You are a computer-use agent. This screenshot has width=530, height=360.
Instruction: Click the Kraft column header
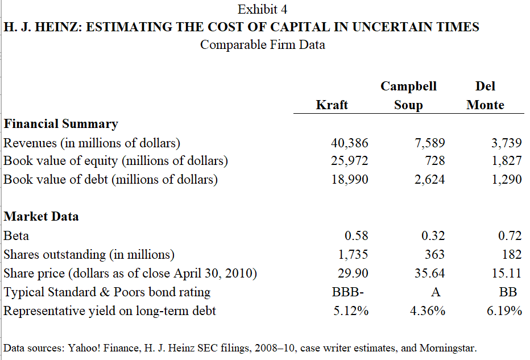pos(332,105)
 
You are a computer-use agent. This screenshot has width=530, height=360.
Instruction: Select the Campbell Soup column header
pos(408,96)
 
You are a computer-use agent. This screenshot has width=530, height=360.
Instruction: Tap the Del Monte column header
pos(485,96)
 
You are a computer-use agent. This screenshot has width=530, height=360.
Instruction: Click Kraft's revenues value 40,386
pos(349,142)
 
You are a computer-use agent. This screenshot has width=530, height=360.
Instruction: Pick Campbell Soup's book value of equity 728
pos(434,161)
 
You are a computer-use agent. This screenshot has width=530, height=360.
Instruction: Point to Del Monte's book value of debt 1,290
pos(506,180)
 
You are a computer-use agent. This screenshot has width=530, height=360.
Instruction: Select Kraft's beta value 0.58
pos(357,235)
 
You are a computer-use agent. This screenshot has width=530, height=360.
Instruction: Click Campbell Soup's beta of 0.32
pos(433,235)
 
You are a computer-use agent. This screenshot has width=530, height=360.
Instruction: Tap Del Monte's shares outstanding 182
pos(512,254)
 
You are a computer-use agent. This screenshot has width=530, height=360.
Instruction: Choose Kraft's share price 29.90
pos(353,274)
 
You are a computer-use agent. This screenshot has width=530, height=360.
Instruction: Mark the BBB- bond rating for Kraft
pos(347,292)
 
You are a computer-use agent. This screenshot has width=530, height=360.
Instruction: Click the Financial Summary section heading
pos(61,123)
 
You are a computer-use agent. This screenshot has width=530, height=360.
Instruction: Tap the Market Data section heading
pos(41,216)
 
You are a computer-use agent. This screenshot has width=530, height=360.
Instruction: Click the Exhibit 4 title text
pos(262,10)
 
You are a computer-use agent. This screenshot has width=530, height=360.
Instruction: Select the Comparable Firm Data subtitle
pos(263,45)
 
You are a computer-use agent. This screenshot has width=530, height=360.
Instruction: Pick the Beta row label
pos(16,235)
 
